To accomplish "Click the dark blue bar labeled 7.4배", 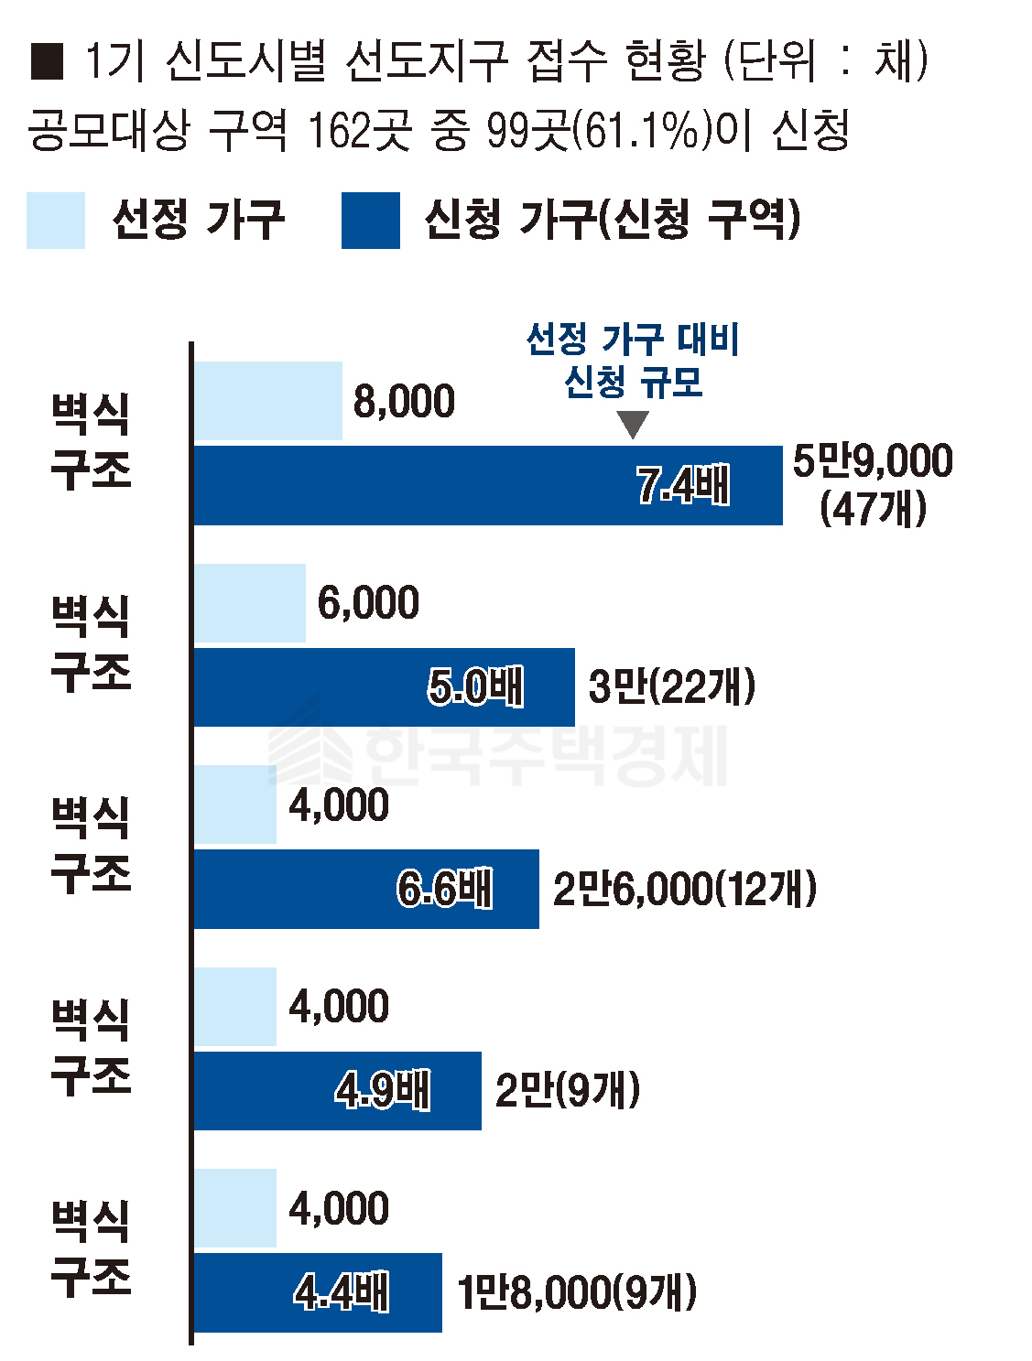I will click(x=487, y=485).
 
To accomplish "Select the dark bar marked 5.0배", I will click(x=384, y=687).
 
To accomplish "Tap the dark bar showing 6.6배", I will click(x=365, y=889).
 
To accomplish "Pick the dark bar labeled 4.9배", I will click(x=337, y=1090).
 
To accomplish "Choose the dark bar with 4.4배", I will click(x=317, y=1292).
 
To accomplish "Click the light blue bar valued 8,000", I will click(x=267, y=401).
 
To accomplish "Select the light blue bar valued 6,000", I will click(x=249, y=602).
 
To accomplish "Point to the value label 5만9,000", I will click(x=872, y=460).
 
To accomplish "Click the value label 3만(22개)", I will click(x=671, y=687).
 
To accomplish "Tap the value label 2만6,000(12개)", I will click(x=684, y=889).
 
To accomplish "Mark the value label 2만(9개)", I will click(x=567, y=1090).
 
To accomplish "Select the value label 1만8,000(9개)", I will click(x=576, y=1292).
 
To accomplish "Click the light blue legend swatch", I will click(x=55, y=220).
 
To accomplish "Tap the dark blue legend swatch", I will click(x=370, y=220).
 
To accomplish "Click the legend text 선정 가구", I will click(x=198, y=220).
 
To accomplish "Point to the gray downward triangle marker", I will click(x=633, y=424).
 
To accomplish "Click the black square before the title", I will click(x=47, y=61).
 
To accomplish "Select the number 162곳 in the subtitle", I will click(x=358, y=131).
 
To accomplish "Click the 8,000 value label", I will click(x=404, y=401).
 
